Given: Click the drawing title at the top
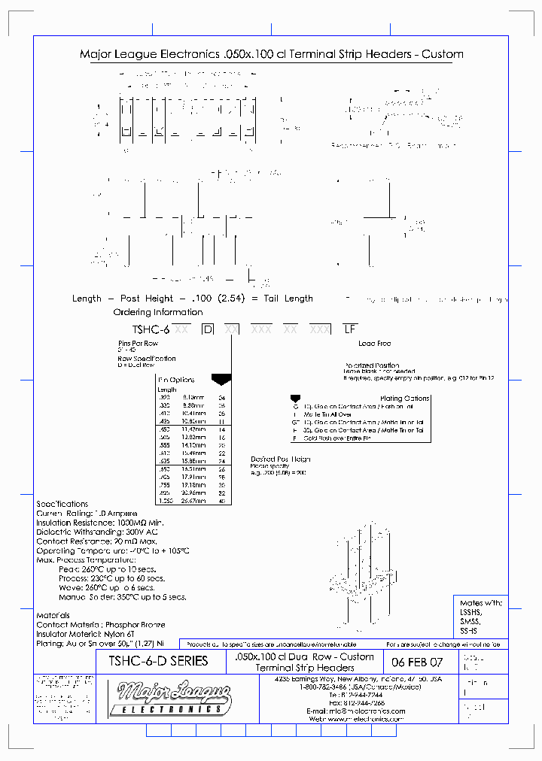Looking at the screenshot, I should pos(271,55).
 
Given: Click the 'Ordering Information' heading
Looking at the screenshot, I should pos(158,312).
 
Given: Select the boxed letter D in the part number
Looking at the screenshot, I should pos(208,329).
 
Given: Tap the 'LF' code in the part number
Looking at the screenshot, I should pos(349,329).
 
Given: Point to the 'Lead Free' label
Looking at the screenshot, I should pos(374,344).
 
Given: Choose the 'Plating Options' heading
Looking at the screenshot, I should pos(405,399).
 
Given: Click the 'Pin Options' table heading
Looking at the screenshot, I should pos(177,380).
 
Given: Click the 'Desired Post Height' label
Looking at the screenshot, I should pos(280,459).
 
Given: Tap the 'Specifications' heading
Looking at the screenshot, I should pos(62,504).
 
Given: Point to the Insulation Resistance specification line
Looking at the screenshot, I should pos(100,522).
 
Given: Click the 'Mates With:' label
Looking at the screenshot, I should pos(481,603).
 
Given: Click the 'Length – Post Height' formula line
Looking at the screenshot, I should pos(193,299).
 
